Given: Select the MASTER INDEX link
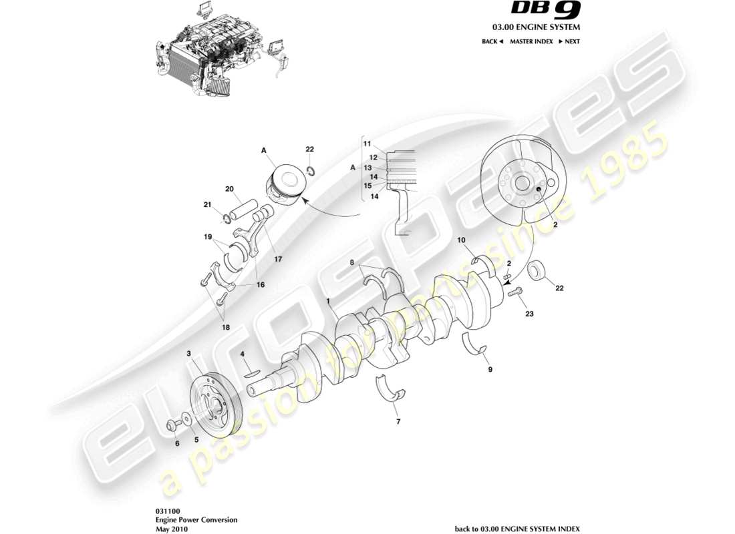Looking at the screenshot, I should click(531, 41).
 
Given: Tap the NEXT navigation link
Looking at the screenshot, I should click(569, 41).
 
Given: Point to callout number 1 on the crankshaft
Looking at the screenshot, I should click(329, 301).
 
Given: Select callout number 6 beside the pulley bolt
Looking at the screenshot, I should click(177, 443).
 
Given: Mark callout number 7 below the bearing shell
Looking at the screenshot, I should click(399, 421).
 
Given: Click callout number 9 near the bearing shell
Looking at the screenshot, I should click(490, 369).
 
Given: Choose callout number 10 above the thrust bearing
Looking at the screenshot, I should click(461, 240).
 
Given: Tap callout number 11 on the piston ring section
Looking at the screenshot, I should click(367, 144).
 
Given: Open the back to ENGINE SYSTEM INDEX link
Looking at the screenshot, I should click(517, 529).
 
